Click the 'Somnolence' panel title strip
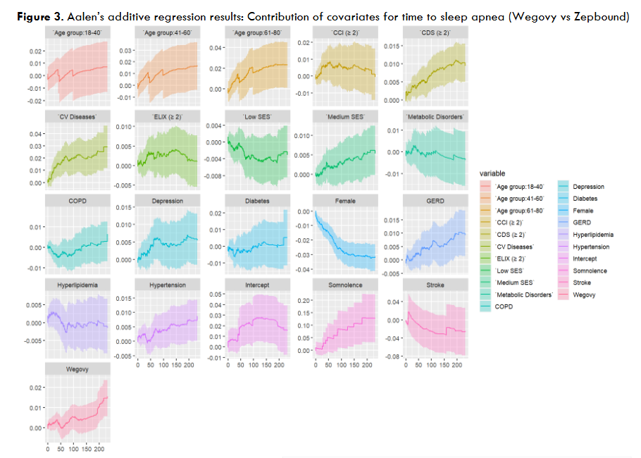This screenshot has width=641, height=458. click(345, 285)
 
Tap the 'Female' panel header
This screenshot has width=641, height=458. click(345, 201)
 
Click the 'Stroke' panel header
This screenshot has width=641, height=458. click(435, 285)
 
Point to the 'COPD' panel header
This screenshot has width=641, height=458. click(77, 201)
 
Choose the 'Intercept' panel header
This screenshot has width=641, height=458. click(256, 285)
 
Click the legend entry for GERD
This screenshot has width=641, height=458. click(581, 223)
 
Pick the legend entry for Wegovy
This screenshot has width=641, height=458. click(585, 295)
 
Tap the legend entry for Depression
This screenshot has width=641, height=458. click(588, 187)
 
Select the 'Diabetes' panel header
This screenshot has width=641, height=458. click(256, 201)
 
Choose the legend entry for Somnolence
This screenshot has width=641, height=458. click(590, 271)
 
